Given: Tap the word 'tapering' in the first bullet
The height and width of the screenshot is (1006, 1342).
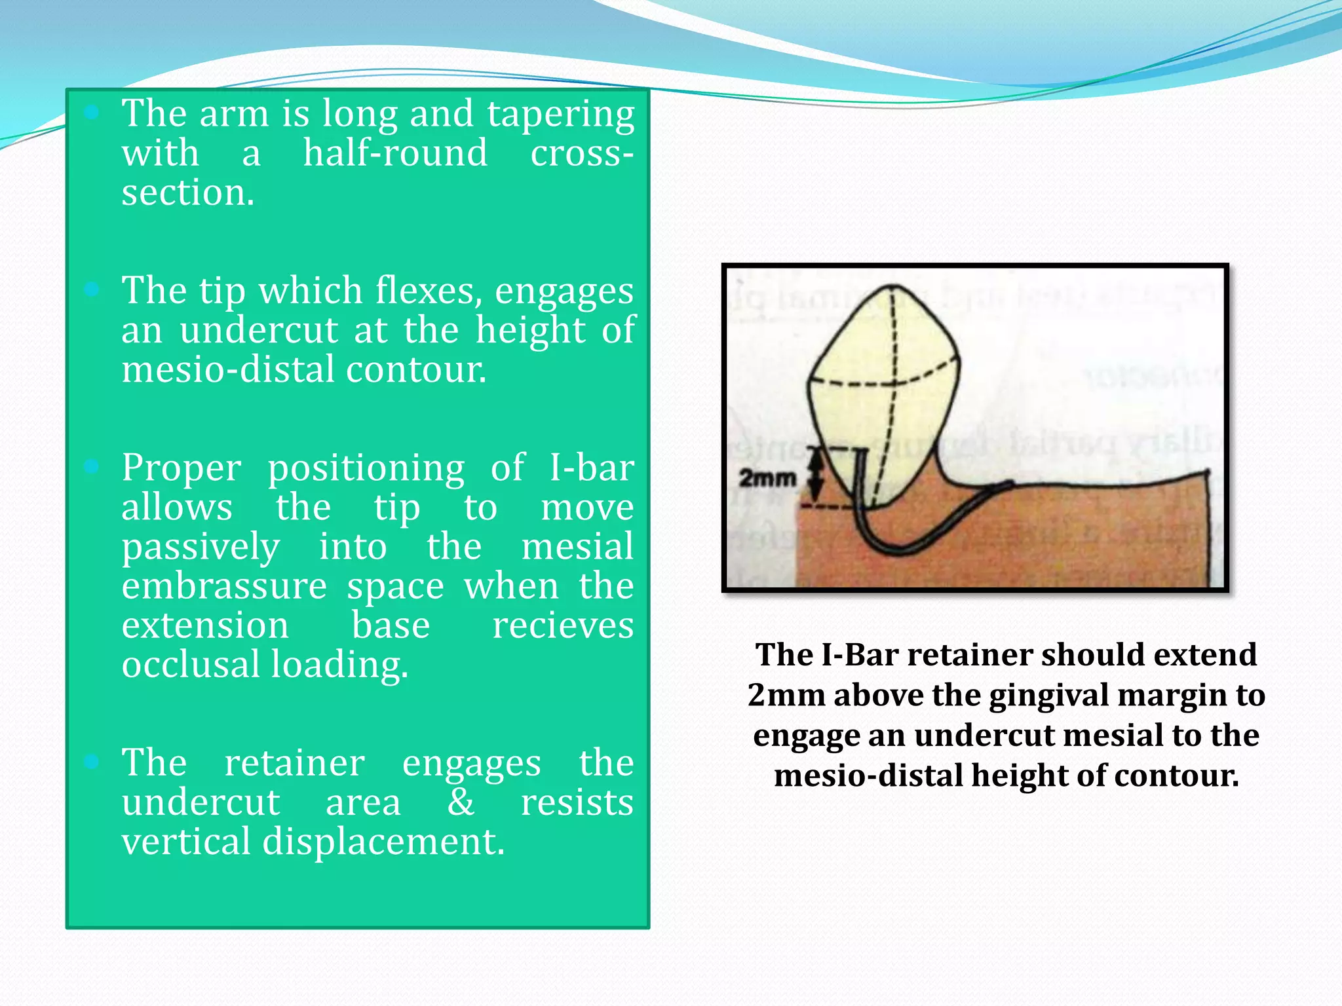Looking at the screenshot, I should [x=560, y=115].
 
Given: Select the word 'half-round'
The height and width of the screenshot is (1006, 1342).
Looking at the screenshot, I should [x=395, y=153].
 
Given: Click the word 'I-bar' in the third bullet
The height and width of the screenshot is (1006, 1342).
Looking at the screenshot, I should [x=591, y=468].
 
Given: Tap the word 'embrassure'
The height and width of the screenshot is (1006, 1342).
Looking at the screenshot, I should [x=224, y=586].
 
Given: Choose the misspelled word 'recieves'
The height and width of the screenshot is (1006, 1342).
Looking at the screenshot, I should [x=563, y=625].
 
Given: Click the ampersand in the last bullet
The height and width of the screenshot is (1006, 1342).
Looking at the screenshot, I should [x=461, y=802].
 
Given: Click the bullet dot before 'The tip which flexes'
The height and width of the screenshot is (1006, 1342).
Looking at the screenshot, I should [x=92, y=289].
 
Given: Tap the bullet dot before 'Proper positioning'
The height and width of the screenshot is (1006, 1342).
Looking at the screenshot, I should [x=92, y=466].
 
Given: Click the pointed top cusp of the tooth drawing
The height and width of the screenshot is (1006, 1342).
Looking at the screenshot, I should [x=892, y=287].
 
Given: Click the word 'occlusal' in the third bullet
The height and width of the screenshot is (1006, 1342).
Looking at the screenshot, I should [x=193, y=665].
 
